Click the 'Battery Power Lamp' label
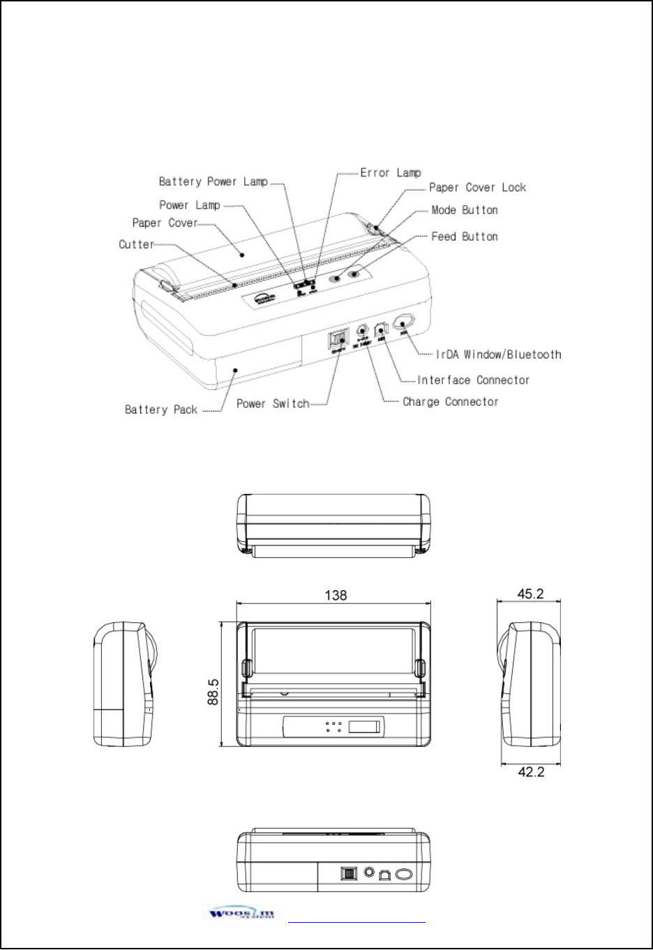point(213,181)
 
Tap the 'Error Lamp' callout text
point(390,172)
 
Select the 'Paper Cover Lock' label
point(477,187)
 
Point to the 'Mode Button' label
point(464,210)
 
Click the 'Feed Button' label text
point(464,236)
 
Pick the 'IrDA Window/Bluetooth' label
point(498,354)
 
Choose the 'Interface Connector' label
point(473,380)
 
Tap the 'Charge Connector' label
point(450,402)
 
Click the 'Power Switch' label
point(272,403)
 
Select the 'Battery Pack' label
point(160,409)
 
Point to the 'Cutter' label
point(136,244)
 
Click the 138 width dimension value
point(336,595)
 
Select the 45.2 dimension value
point(530,594)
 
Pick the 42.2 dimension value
point(530,771)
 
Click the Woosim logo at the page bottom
point(241,914)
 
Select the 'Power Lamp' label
point(189,205)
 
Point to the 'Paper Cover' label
point(165,223)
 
